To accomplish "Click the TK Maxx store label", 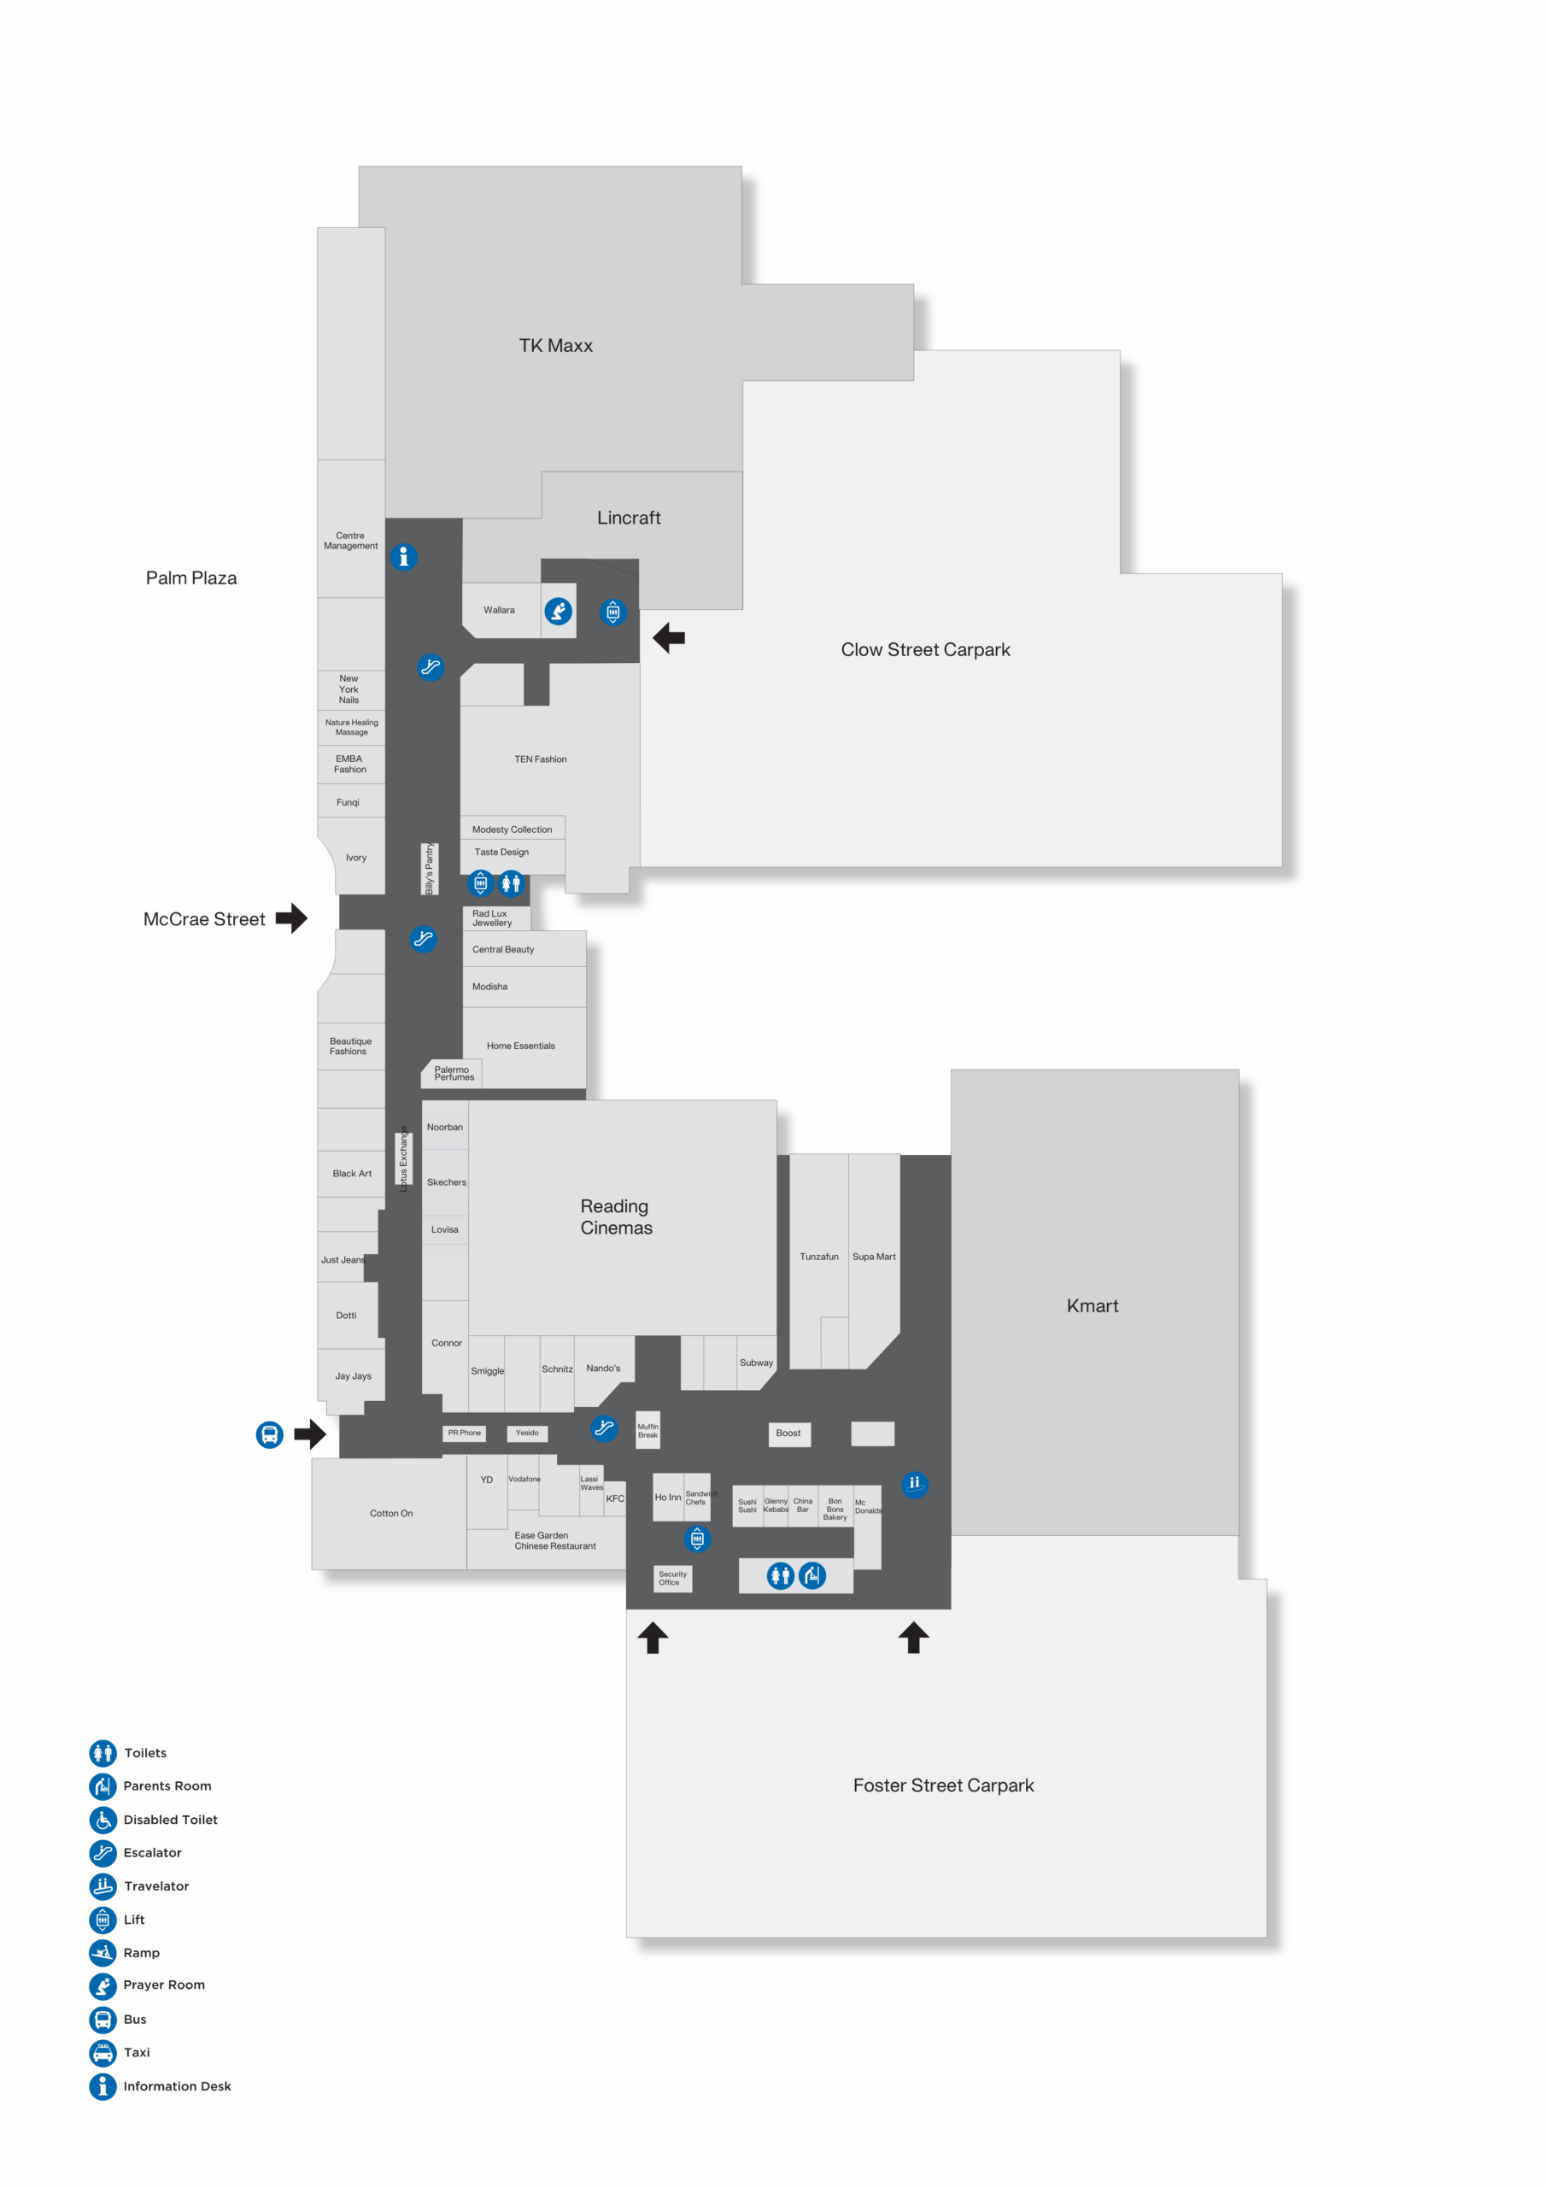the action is pos(555,346).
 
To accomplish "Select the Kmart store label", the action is pos(1093,1306).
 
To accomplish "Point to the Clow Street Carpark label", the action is pos(925,649).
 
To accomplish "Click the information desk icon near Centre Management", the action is pos(404,556).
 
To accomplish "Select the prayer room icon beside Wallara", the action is pos(558,611).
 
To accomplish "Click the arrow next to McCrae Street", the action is pos(291,918).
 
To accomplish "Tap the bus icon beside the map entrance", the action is pos(270,1434).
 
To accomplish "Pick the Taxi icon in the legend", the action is pos(103,2053).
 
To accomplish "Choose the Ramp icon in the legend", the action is pos(103,1953).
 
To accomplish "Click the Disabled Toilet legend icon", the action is pos(103,1820).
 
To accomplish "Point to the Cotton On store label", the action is pos(391,1514).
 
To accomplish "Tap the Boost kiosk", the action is pos(788,1434).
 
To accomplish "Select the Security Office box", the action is pos(672,1579).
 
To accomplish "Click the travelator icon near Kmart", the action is pos(915,1485).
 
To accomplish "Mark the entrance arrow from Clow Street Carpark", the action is pos(669,637).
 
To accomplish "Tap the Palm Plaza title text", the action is pos(191,578).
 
